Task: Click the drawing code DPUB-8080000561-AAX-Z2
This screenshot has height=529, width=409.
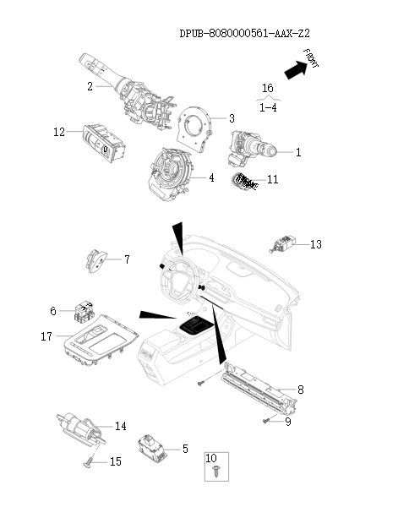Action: (x=244, y=34)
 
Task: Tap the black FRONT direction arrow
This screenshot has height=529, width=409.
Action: (x=296, y=70)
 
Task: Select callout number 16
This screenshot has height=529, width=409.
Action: (x=268, y=88)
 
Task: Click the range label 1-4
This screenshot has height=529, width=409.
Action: (x=268, y=107)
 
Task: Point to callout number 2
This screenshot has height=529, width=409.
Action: (x=90, y=86)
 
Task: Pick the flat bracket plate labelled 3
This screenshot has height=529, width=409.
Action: (x=194, y=129)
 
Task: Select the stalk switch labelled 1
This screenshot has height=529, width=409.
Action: (x=252, y=149)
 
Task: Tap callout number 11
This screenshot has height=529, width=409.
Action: (x=273, y=179)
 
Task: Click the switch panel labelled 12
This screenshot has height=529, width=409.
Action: (x=104, y=142)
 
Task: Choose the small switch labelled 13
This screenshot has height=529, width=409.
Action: (x=283, y=244)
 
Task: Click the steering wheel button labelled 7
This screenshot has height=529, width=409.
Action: (x=95, y=261)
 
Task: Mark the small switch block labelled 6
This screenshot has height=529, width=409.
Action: (x=84, y=311)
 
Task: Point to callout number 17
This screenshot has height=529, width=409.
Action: (x=46, y=336)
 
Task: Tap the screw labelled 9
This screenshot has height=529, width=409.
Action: (x=266, y=421)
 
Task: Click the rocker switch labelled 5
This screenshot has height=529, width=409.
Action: (x=153, y=449)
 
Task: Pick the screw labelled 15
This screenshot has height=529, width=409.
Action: (x=90, y=462)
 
